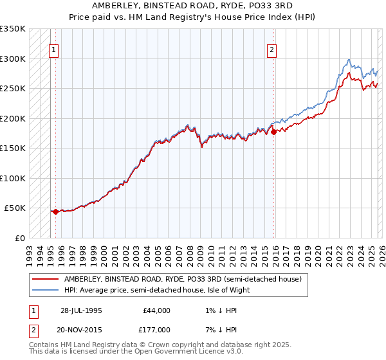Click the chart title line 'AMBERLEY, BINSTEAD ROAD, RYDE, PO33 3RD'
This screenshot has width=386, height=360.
click(x=192, y=4)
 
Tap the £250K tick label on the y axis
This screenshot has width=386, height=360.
click(x=13, y=88)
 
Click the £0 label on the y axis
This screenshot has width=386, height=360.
click(x=19, y=238)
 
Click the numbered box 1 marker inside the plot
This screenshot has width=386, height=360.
click(x=55, y=50)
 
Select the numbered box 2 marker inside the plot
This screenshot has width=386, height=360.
click(x=272, y=50)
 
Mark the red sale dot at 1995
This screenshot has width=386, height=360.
click(x=55, y=211)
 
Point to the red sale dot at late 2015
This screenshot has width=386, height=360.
click(x=273, y=132)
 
